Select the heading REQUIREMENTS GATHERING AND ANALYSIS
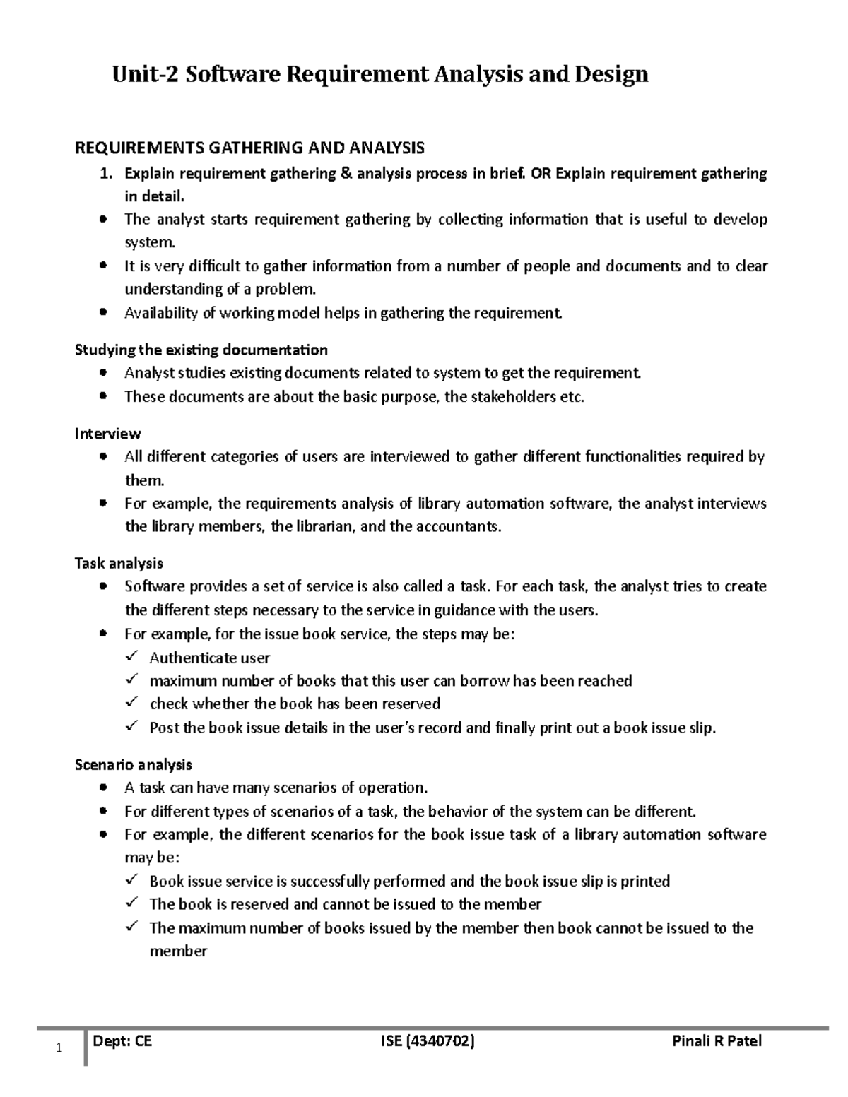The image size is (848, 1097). (249, 148)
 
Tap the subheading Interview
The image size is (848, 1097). (107, 434)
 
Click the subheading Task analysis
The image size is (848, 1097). (119, 563)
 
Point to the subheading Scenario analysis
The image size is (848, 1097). (133, 764)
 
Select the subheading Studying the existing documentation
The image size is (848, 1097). (201, 350)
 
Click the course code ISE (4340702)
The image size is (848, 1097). (427, 1040)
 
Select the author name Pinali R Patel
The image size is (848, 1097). (717, 1040)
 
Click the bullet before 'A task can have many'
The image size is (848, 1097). (104, 787)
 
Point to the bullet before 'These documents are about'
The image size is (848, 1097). (104, 396)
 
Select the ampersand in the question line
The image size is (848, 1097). (346, 173)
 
